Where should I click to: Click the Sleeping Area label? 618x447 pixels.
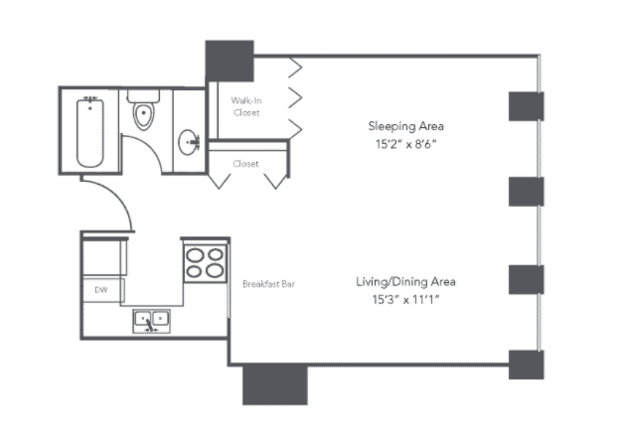tap(406, 126)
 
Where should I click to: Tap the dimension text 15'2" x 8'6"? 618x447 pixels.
tap(406, 144)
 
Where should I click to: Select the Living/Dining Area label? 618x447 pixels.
tap(405, 282)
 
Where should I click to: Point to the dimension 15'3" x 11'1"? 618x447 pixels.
tap(405, 300)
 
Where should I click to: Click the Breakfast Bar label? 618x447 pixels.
tap(269, 284)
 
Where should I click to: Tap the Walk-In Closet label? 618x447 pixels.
tap(246, 107)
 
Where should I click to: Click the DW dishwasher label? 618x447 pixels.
tap(101, 290)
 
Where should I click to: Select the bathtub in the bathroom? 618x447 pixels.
tap(90, 133)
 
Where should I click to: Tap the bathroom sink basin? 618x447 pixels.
tap(189, 142)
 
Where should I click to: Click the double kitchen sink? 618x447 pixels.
tap(152, 321)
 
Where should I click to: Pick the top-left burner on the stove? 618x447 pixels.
tap(195, 255)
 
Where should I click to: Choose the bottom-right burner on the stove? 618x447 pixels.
tap(215, 271)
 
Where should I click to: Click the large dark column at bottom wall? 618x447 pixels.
tap(274, 384)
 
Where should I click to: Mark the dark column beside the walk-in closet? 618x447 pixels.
tap(230, 61)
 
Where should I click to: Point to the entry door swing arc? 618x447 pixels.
tap(118, 196)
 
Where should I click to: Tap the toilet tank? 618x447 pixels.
tap(143, 95)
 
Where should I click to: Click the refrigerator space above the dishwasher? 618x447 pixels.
tap(104, 257)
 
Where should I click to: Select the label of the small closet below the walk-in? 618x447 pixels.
tap(245, 164)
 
